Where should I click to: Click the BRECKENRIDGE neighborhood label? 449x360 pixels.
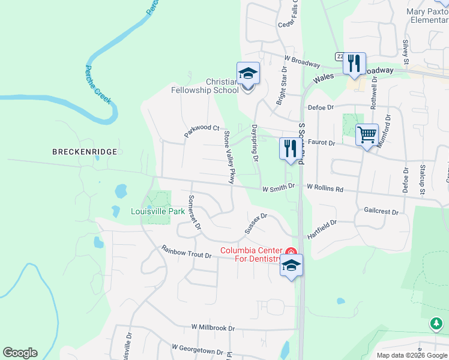84,152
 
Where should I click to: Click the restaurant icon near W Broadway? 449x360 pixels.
354,62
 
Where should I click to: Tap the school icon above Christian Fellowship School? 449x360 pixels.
248,74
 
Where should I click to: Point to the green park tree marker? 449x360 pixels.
436,324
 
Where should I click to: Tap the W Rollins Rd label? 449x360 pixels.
325,188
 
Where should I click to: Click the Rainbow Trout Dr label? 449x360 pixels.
187,251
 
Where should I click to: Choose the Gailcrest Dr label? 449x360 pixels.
381,211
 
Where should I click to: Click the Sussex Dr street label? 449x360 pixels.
255,224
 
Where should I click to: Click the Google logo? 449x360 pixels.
20,353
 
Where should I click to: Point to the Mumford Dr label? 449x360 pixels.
387,134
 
